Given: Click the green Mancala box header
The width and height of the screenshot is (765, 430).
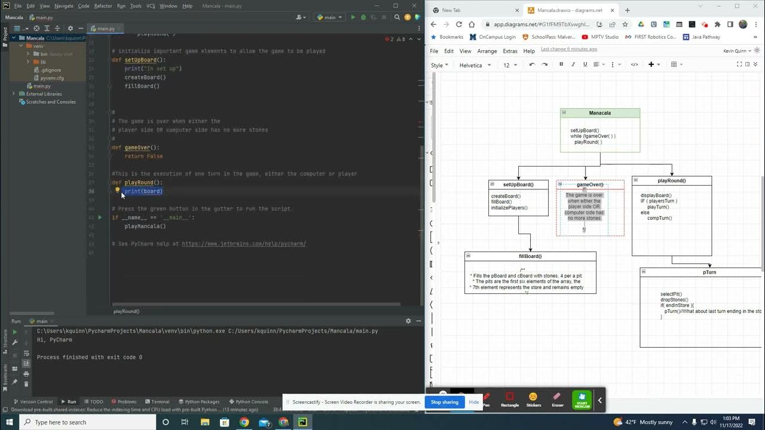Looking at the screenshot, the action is pyautogui.click(x=600, y=113).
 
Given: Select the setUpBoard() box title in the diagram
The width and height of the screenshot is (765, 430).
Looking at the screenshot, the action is pyautogui.click(x=518, y=185).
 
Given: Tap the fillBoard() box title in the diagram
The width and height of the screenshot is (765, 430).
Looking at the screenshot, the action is pyautogui.click(x=530, y=256).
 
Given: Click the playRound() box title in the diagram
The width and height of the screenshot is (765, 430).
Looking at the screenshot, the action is pyautogui.click(x=672, y=180).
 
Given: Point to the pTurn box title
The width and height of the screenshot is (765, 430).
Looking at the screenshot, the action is pyautogui.click(x=709, y=272).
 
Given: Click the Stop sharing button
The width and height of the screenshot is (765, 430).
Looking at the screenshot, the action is pyautogui.click(x=445, y=402).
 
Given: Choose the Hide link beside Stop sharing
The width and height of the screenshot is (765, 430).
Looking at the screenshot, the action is pyautogui.click(x=473, y=402).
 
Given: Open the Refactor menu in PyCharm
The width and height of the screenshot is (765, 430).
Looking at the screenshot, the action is pyautogui.click(x=103, y=6).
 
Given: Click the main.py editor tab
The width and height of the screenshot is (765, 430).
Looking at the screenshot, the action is pyautogui.click(x=106, y=29).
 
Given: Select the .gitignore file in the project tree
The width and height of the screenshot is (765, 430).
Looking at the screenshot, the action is pyautogui.click(x=50, y=70).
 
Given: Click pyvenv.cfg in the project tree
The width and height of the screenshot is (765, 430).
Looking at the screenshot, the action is pyautogui.click(x=52, y=78).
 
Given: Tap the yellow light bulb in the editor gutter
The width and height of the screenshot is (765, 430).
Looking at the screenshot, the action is pyautogui.click(x=118, y=191).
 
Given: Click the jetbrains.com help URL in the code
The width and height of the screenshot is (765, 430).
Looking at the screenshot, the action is pyautogui.click(x=244, y=244).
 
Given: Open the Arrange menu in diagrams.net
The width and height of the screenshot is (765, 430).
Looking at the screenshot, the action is pyautogui.click(x=487, y=51).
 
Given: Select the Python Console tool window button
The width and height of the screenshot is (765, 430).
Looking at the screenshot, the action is pyautogui.click(x=252, y=402).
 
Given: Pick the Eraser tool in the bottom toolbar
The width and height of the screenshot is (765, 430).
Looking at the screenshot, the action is pyautogui.click(x=557, y=400).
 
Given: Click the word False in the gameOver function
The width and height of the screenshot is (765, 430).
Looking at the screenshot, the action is pyautogui.click(x=155, y=156).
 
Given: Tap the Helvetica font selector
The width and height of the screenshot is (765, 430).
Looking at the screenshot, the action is pyautogui.click(x=475, y=65).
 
